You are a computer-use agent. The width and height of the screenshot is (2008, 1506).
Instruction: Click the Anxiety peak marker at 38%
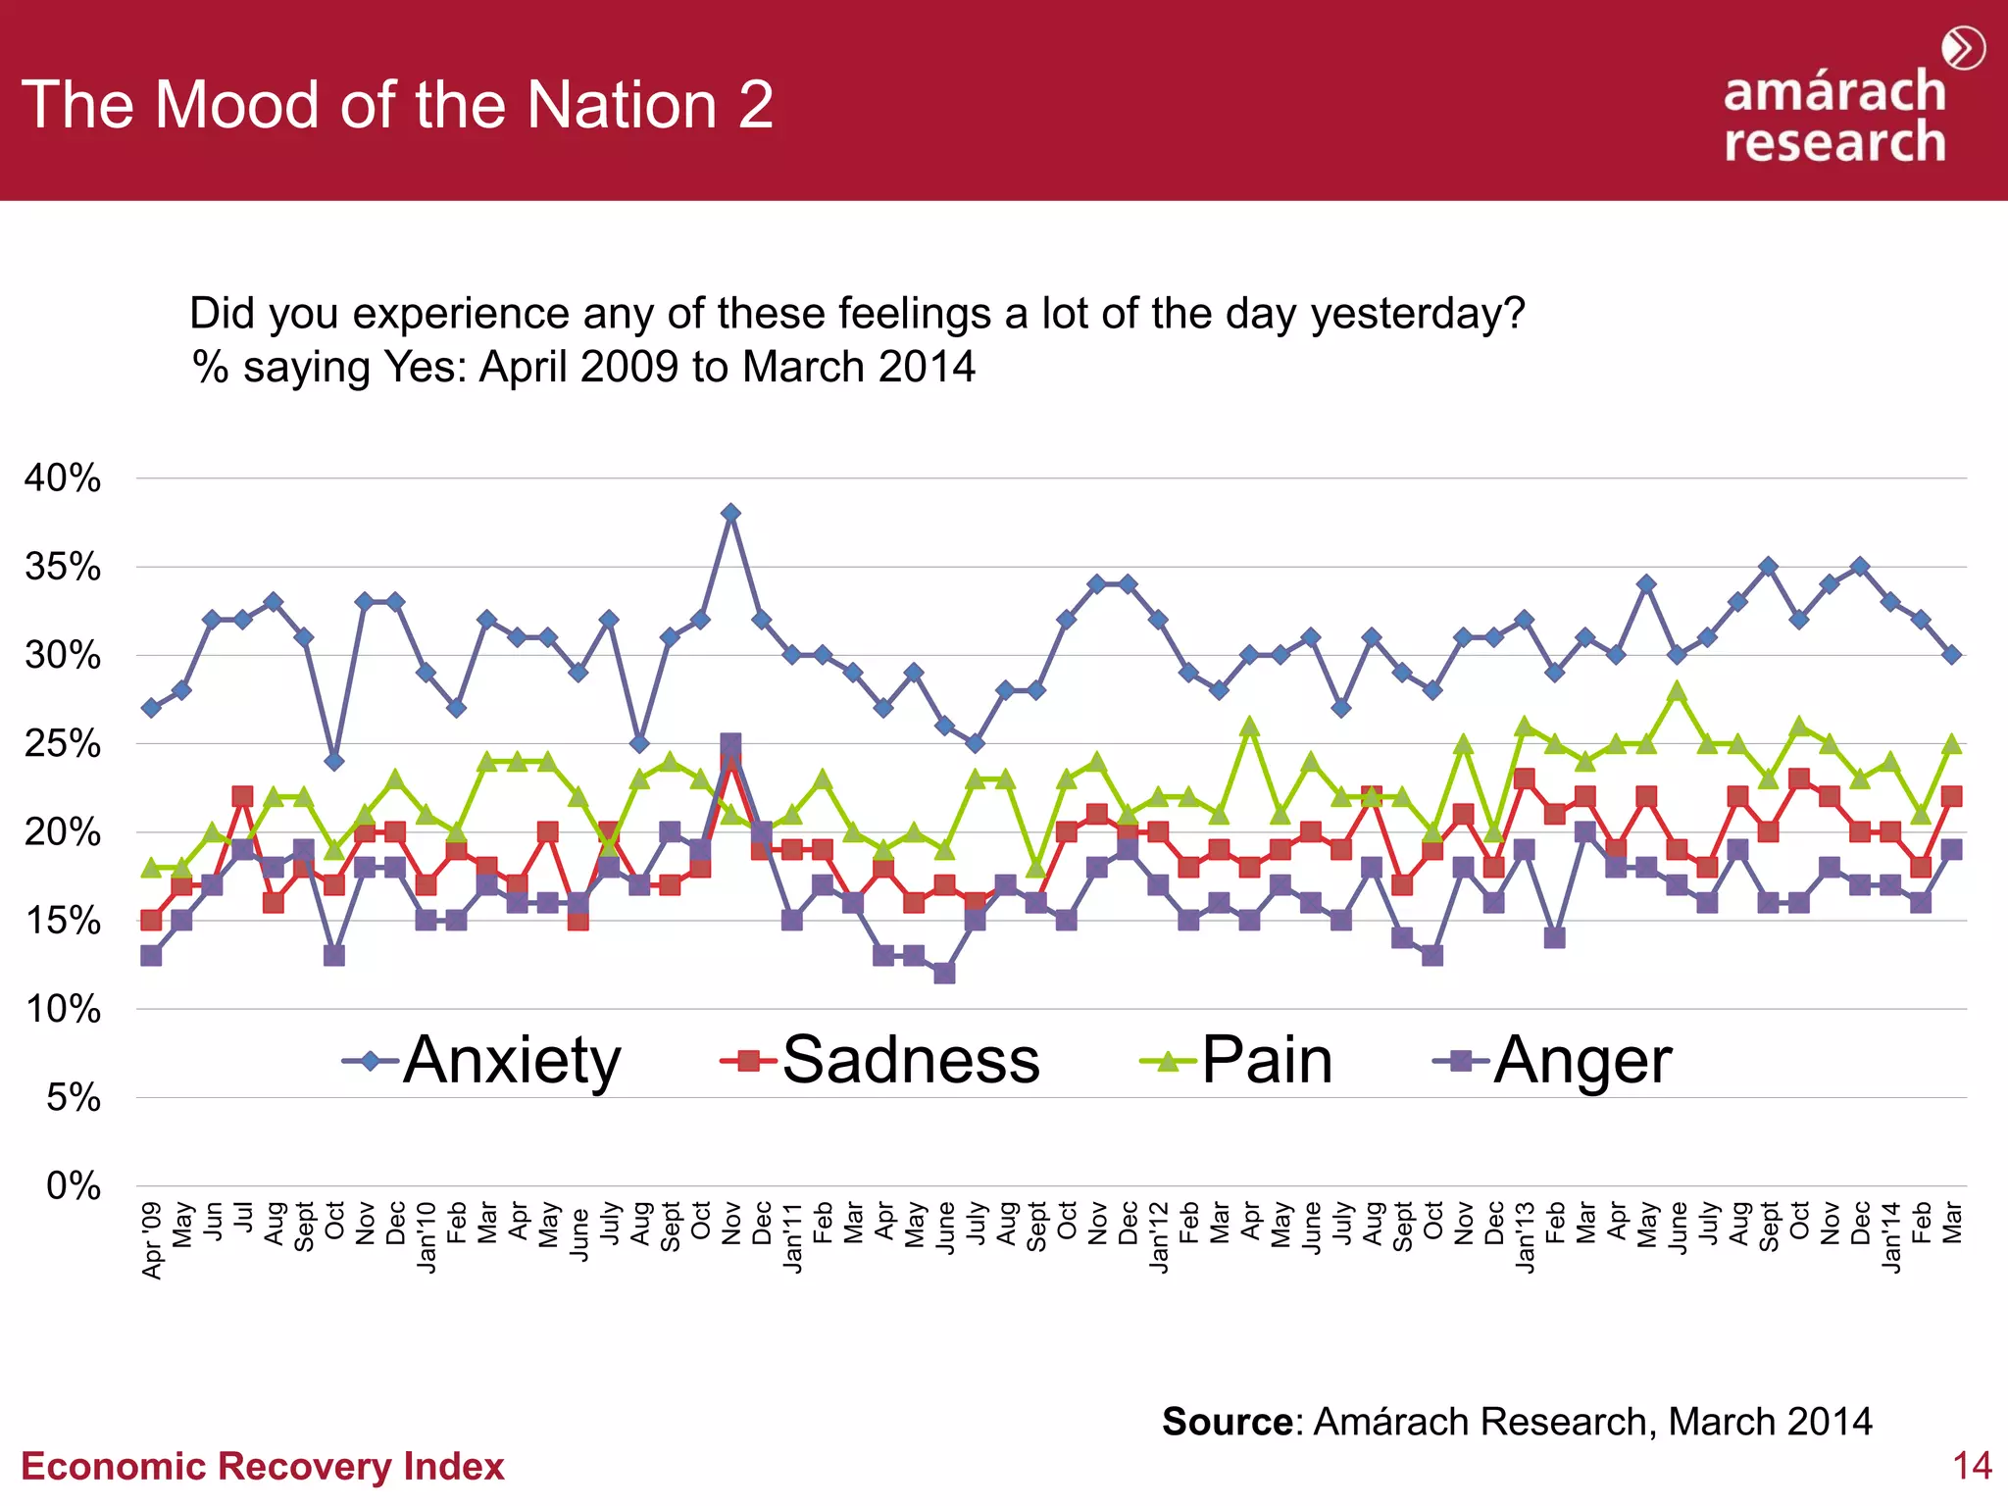pos(730,513)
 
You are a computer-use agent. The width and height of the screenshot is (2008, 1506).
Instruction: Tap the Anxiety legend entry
pos(482,1061)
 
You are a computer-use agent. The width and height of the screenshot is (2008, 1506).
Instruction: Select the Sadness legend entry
pos(880,1061)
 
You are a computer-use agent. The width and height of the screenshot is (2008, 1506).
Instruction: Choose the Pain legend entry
pos(1237,1061)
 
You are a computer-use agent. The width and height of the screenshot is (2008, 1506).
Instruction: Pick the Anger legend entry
pos(1553,1061)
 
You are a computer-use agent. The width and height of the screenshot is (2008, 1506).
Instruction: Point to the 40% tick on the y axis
pos(63,478)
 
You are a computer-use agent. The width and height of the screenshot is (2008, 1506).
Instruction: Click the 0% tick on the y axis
pos(74,1186)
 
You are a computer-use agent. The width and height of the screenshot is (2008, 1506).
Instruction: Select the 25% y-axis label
pos(63,744)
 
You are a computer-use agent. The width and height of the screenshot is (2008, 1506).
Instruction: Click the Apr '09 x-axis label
pos(152,1240)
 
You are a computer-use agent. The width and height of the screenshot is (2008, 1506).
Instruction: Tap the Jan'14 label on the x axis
pos(1891,1237)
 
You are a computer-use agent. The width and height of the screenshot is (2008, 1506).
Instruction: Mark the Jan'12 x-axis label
pos(1159,1237)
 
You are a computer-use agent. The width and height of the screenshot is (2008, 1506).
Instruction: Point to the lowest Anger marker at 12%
pos(944,973)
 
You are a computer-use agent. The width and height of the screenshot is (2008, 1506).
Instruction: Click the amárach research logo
pos(1835,116)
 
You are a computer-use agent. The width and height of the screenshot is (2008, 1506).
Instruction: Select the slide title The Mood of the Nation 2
pos(397,105)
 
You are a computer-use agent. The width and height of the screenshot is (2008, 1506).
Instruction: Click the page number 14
pos(1972,1466)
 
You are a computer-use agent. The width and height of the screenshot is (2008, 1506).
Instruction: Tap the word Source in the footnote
pos(1227,1421)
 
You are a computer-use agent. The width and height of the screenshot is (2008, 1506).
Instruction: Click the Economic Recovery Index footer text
pos(263,1466)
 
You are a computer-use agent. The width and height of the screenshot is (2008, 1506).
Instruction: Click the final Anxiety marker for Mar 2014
pos(1952,655)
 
